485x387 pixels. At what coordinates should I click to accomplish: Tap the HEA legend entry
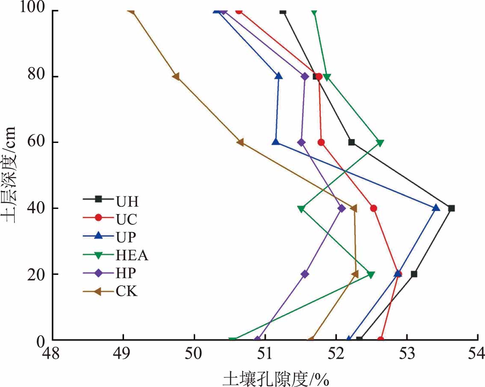[x=115, y=255]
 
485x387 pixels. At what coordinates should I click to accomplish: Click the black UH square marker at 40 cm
[x=451, y=208]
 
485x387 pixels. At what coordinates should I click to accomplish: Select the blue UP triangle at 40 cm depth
[x=436, y=208]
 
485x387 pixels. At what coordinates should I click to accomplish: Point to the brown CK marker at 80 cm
[x=176, y=77]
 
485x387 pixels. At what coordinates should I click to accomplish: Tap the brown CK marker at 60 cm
[x=240, y=142]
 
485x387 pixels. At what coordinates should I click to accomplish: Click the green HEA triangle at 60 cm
[x=380, y=143]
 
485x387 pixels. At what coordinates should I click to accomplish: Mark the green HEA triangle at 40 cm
[x=301, y=209]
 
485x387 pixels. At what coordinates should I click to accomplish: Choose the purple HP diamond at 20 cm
[x=305, y=274]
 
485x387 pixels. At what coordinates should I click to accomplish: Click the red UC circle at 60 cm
[x=321, y=142]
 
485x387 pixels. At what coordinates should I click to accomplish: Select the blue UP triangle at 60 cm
[x=276, y=142]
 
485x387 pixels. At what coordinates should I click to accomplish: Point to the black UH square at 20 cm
[x=414, y=274]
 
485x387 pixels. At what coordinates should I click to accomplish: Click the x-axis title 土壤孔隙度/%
[x=275, y=378]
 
